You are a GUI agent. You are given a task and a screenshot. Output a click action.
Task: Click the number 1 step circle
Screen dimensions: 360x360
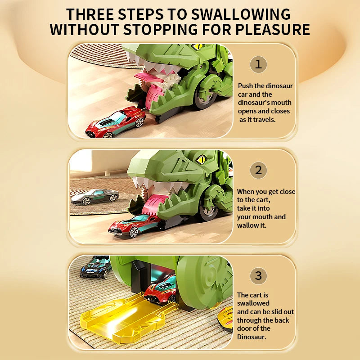pyautogui.click(x=258, y=64)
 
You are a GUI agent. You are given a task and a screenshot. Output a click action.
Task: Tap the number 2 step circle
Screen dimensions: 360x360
pyautogui.click(x=258, y=170)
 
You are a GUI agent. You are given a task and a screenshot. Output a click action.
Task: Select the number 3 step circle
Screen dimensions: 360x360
pyautogui.click(x=258, y=275)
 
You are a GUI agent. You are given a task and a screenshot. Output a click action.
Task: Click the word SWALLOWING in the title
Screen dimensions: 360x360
pyautogui.click(x=234, y=14)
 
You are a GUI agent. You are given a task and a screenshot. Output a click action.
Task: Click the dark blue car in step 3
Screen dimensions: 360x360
pyautogui.click(x=96, y=267)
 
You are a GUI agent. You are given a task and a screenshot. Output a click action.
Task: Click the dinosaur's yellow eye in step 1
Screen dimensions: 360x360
pyautogui.click(x=198, y=47)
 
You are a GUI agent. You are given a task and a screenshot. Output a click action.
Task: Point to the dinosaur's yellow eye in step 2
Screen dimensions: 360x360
pyautogui.click(x=201, y=159)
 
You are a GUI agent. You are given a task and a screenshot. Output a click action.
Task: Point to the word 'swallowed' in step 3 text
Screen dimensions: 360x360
pyautogui.click(x=253, y=303)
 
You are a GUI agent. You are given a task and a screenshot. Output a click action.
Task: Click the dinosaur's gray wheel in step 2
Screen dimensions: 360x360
pyautogui.click(x=208, y=209)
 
